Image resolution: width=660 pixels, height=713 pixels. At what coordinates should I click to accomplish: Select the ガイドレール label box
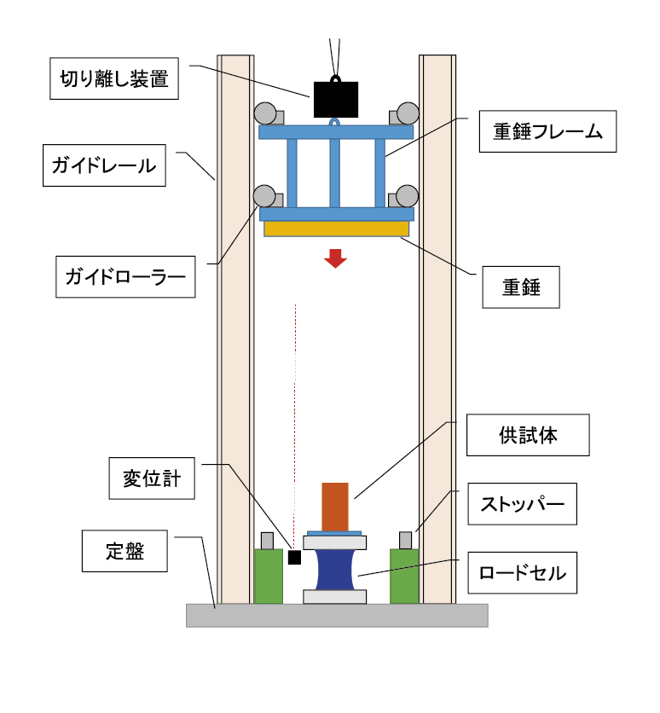point(104,165)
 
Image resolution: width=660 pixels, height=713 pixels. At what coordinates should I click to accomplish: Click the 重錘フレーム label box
point(547,131)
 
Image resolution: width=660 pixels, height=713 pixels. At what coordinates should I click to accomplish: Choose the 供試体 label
point(528,437)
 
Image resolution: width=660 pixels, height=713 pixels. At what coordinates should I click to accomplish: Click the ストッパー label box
point(522,504)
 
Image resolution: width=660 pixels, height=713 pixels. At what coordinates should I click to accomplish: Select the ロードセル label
point(522,572)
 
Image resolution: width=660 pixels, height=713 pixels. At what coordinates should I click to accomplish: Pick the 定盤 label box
point(125,551)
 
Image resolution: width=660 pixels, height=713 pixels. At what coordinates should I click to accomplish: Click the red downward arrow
point(336,258)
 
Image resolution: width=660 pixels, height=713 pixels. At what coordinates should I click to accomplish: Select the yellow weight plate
point(336,229)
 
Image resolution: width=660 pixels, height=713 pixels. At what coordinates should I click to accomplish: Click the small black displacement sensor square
point(295,557)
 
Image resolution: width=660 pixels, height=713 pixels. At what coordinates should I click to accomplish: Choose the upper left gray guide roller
point(264,113)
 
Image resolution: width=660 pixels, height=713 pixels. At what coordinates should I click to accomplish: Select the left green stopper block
point(268,576)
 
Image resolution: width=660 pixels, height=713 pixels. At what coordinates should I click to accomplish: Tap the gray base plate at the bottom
point(337,615)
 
